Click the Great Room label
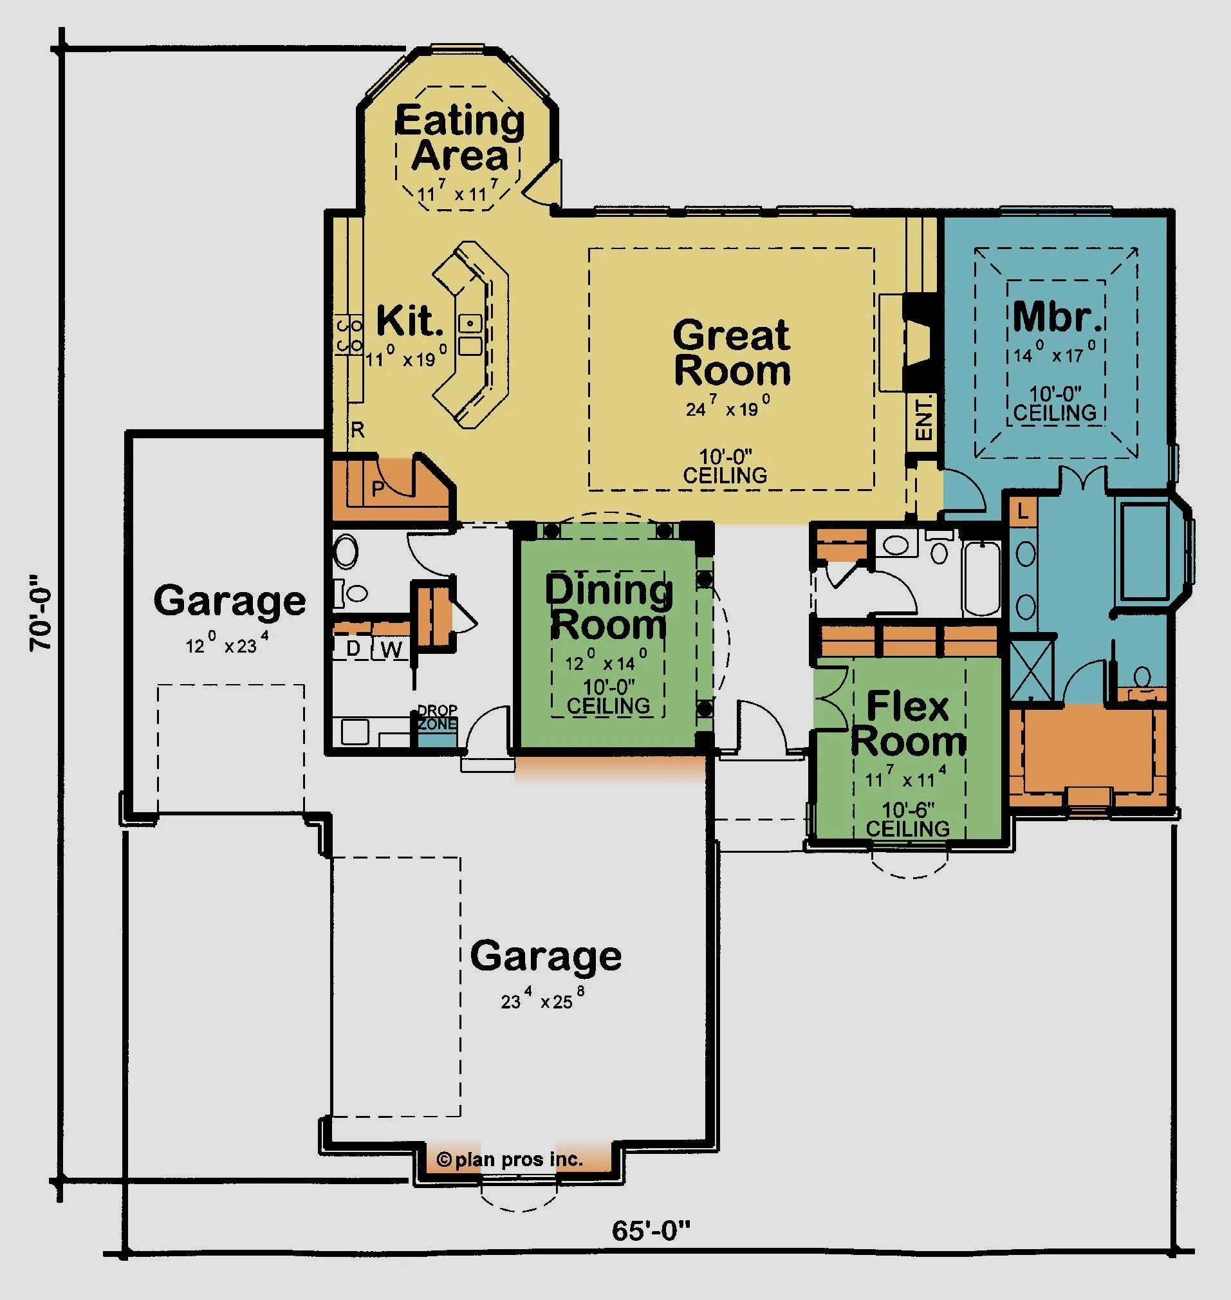click(x=731, y=353)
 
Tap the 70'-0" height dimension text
click(x=41, y=613)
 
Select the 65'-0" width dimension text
click(x=652, y=1230)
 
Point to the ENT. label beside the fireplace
click(x=923, y=418)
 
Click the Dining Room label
click(x=609, y=607)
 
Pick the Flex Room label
click(x=908, y=724)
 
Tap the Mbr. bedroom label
click(x=1057, y=317)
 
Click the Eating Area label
click(x=461, y=138)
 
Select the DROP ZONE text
click(x=437, y=718)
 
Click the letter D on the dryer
click(x=353, y=648)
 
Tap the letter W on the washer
click(x=391, y=649)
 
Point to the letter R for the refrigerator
click(x=358, y=430)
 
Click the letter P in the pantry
click(x=378, y=489)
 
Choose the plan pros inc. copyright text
click(x=510, y=1160)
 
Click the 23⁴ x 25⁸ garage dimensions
click(x=542, y=1000)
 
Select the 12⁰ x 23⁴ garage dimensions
click(x=227, y=645)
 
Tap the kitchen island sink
click(x=470, y=324)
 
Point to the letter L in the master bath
click(x=1023, y=510)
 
